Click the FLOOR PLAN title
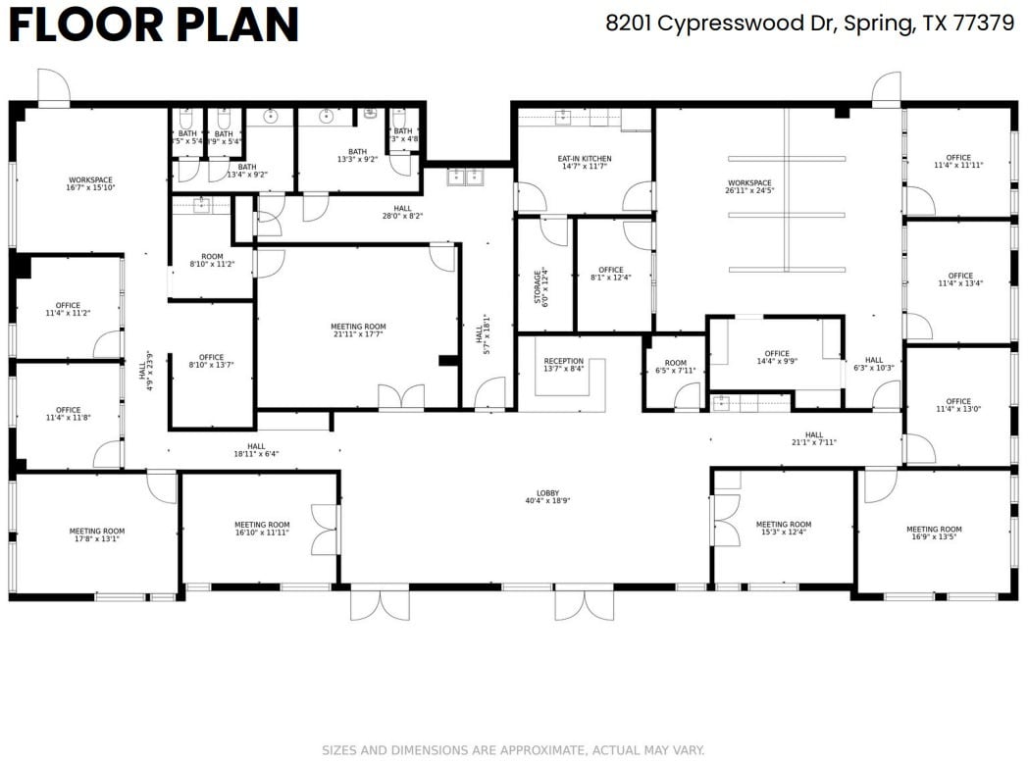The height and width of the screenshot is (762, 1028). (153, 25)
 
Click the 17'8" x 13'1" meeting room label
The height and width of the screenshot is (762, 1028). (96, 534)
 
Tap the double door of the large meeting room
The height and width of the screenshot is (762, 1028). (401, 398)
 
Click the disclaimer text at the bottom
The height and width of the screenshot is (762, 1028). (513, 750)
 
